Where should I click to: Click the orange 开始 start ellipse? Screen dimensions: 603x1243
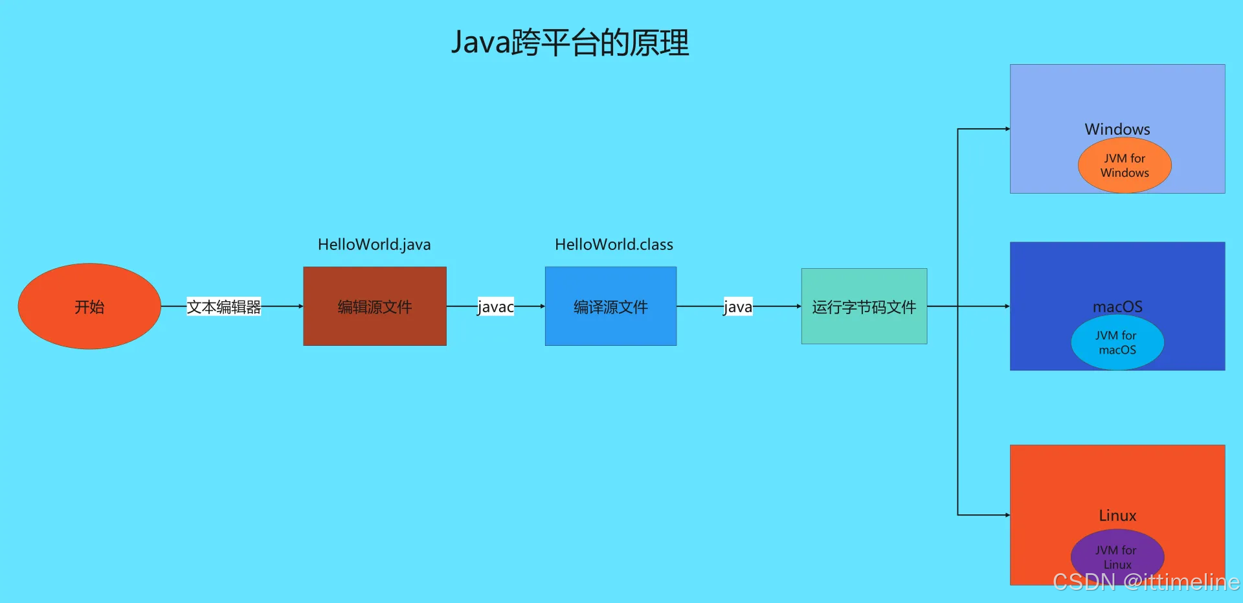[x=89, y=306]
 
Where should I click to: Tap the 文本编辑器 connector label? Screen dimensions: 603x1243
[x=223, y=306]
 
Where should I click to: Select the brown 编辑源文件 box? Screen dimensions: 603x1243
[x=375, y=306]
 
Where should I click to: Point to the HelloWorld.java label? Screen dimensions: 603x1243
[x=374, y=244]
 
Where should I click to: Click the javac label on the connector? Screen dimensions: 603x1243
[x=495, y=306]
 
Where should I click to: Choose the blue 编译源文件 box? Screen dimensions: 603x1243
[x=610, y=306]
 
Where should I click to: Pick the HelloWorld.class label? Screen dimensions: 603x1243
[x=614, y=244]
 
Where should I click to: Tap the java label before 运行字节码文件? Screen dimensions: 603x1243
[x=738, y=306]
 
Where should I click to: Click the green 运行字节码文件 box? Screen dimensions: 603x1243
[x=864, y=306]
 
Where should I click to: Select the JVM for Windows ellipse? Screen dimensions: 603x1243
[x=1125, y=166]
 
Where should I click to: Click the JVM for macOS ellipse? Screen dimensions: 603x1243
[x=1117, y=343]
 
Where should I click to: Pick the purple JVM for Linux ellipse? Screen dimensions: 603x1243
[x=1117, y=557]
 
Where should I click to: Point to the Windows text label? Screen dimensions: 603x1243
[x=1117, y=129]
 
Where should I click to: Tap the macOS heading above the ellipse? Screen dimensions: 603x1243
[x=1117, y=306]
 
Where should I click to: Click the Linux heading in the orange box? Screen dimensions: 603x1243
[x=1117, y=516]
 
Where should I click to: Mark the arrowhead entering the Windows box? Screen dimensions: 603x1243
[x=1007, y=129]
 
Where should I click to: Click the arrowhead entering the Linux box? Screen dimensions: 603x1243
[x=1007, y=515]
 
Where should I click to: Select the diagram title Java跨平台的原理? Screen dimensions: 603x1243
[x=570, y=43]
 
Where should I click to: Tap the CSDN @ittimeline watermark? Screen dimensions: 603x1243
[x=1146, y=582]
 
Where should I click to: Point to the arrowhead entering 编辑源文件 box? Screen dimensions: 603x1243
[x=300, y=306]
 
